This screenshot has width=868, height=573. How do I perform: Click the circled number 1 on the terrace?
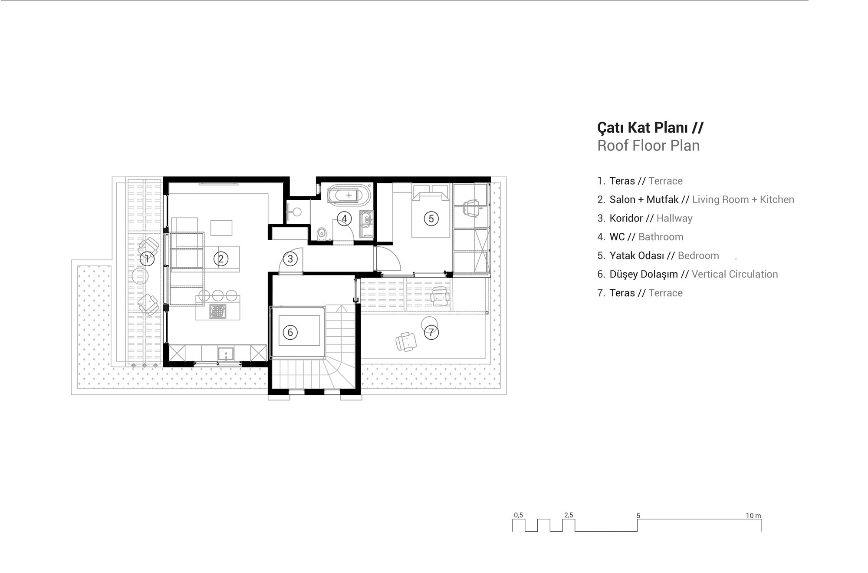(x=147, y=259)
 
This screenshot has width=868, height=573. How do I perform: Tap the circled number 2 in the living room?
(x=220, y=259)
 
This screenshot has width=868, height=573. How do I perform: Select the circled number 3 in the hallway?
(x=290, y=259)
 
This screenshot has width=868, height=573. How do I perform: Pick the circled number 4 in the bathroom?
(x=344, y=219)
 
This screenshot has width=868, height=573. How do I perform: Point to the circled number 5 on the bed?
(x=431, y=219)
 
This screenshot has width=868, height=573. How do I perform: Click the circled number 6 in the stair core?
(x=290, y=332)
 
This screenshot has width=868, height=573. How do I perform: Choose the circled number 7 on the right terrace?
(x=431, y=332)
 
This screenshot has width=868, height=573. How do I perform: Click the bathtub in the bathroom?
(x=349, y=195)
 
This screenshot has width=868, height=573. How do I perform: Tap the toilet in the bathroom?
(x=322, y=234)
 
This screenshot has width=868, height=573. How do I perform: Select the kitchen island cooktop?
(x=218, y=311)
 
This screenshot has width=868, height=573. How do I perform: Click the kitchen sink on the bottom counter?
(x=226, y=354)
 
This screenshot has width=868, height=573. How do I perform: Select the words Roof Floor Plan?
(x=648, y=146)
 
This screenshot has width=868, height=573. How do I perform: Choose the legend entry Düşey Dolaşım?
(x=644, y=274)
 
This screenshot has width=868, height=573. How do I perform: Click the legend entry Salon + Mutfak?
(x=644, y=199)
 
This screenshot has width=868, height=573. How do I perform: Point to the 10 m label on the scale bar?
(x=753, y=516)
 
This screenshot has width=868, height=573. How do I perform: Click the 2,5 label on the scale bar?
(x=569, y=515)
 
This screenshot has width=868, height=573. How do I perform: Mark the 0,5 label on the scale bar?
(x=519, y=515)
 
